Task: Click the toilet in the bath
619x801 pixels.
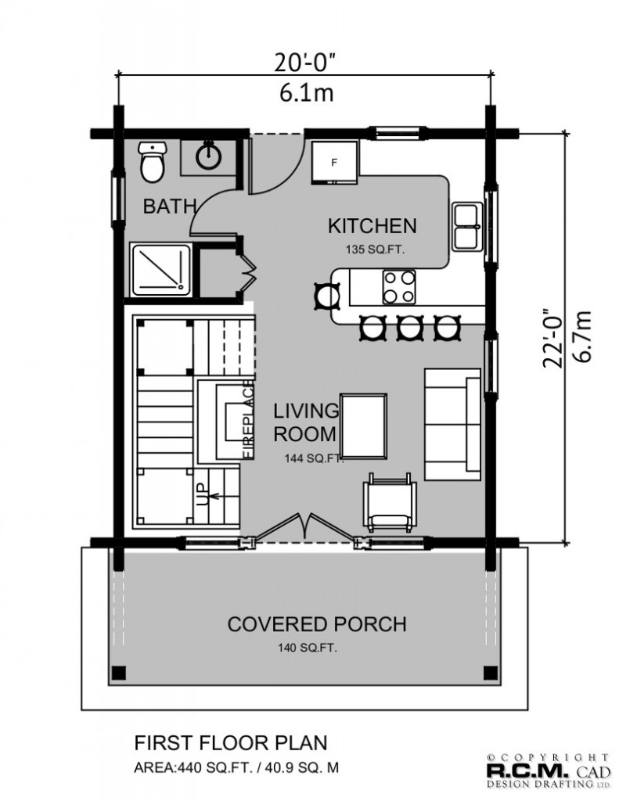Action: [x=153, y=162]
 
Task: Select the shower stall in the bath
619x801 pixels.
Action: [x=162, y=270]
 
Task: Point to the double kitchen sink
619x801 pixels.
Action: [x=467, y=226]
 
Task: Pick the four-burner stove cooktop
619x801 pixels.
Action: [x=399, y=287]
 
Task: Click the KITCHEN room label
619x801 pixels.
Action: [x=372, y=226]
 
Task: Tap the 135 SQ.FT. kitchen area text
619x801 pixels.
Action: [x=375, y=250]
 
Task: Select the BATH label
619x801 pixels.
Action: [x=170, y=207]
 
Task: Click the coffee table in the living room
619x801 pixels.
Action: [x=364, y=426]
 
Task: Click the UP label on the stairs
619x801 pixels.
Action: [x=203, y=494]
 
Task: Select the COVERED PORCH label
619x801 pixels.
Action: [x=317, y=624]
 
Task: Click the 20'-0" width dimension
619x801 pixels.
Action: [x=305, y=63]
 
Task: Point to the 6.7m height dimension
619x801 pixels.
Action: [x=582, y=336]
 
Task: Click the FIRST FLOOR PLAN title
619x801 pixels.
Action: [x=231, y=743]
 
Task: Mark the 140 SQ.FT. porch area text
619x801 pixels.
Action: [x=308, y=648]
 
